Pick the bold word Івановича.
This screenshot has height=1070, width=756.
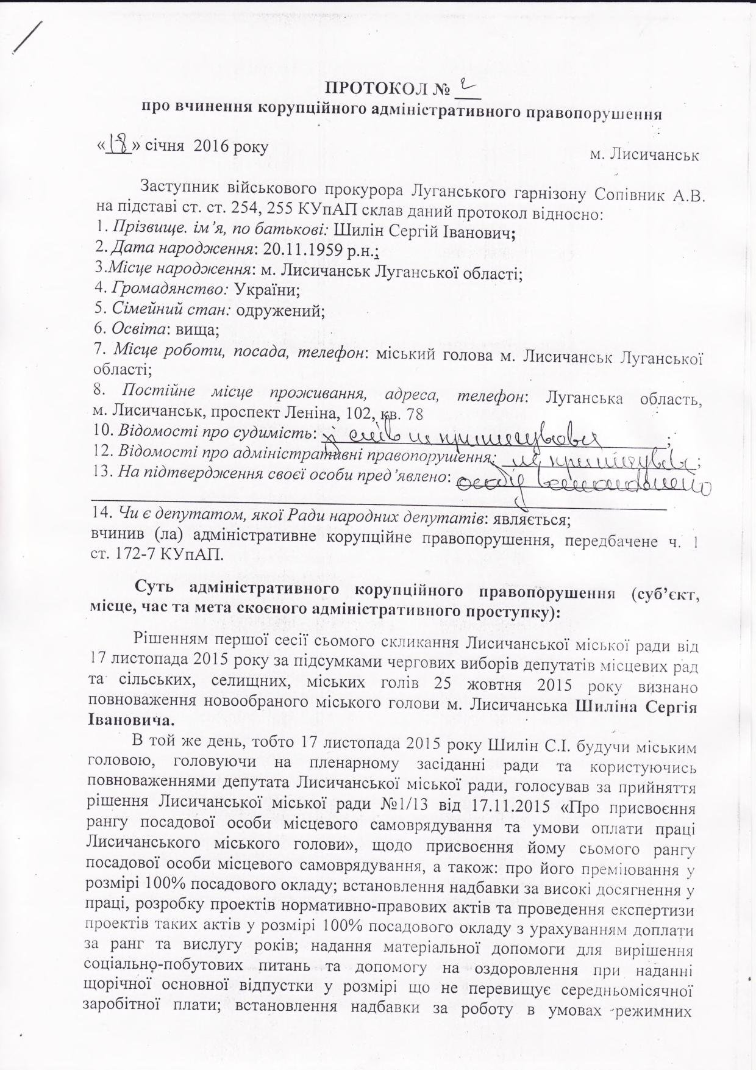131,719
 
